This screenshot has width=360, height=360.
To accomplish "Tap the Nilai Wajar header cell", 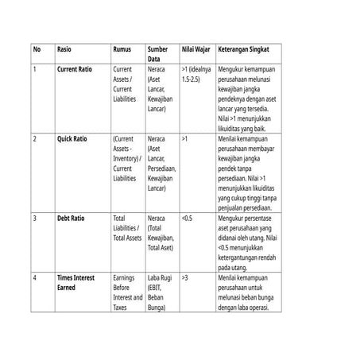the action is pyautogui.click(x=195, y=48).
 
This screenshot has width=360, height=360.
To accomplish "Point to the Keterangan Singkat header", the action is pyautogui.click(x=248, y=48).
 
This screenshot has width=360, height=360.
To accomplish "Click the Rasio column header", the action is pyautogui.click(x=64, y=48).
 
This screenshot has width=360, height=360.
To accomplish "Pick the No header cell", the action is pyautogui.click(x=37, y=48).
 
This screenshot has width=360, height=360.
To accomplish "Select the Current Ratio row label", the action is pyautogui.click(x=74, y=69).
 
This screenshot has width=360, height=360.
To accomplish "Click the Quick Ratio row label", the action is pyautogui.click(x=72, y=138).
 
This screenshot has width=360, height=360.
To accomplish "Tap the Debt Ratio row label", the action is pyautogui.click(x=71, y=217).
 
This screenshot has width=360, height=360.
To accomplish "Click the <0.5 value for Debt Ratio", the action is pyautogui.click(x=187, y=217).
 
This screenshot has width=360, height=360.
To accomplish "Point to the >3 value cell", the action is pyautogui.click(x=184, y=277).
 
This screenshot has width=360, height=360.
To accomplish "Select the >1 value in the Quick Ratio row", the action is pyautogui.click(x=184, y=138).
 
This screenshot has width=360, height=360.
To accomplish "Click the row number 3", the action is pyautogui.click(x=34, y=217).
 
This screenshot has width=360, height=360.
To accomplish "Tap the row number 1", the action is pyautogui.click(x=34, y=69).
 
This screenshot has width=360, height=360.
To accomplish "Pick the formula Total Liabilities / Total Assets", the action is pyautogui.click(x=127, y=227).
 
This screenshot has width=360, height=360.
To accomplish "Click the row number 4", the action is pyautogui.click(x=34, y=277).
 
